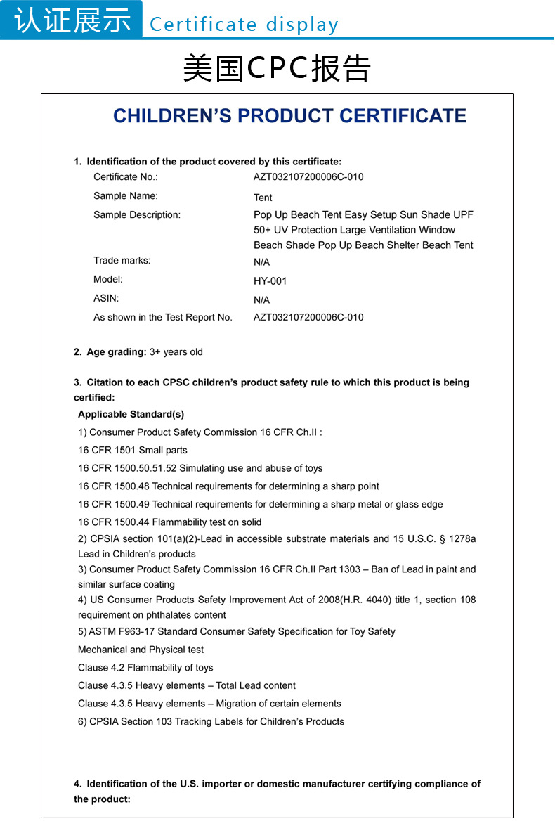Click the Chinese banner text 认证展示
point(72,20)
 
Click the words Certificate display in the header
point(244,25)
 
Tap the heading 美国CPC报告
point(277,68)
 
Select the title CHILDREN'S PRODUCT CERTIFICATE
point(289,116)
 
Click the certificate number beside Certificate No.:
point(308,177)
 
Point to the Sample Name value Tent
point(263,198)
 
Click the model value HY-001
point(270,281)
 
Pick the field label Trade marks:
point(122,261)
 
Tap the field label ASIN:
point(106,298)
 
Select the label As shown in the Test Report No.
point(163,317)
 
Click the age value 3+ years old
point(176,351)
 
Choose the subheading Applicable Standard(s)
point(131,414)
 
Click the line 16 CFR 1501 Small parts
point(133,450)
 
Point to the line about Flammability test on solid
point(169,522)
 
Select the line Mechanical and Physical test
point(141,650)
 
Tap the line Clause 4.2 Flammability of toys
point(145,668)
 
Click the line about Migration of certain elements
point(209,704)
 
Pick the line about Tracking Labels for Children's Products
point(211,721)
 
